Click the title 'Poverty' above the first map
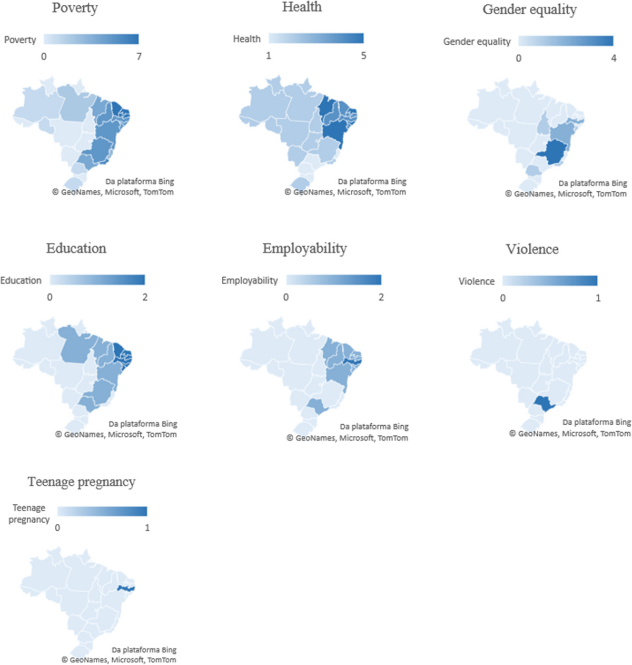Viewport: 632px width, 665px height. coord(75,8)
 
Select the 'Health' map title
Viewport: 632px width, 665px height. coord(302,7)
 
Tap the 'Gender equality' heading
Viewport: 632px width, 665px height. coord(529,10)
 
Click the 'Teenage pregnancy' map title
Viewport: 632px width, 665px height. coord(82,482)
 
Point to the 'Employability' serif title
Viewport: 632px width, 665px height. coord(304,249)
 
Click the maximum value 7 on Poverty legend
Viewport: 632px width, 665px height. coord(139,56)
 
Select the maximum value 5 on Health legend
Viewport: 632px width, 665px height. coord(363,56)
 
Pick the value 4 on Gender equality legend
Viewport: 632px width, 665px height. coord(614,58)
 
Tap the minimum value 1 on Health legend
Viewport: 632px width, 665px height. coord(269,56)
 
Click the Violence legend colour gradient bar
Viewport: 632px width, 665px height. coord(550,280)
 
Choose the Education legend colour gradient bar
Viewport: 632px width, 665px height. coord(97,280)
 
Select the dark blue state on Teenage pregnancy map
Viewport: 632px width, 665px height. coord(126,588)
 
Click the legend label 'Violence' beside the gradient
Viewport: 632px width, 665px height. coord(476,281)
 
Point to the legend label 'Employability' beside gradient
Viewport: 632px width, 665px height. coord(249,280)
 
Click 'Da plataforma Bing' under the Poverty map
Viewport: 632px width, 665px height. coord(140,181)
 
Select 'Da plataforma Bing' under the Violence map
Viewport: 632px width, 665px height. coord(596,422)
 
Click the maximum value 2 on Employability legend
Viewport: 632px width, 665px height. coord(381,297)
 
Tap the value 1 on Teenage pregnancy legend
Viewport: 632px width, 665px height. coord(147,527)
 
